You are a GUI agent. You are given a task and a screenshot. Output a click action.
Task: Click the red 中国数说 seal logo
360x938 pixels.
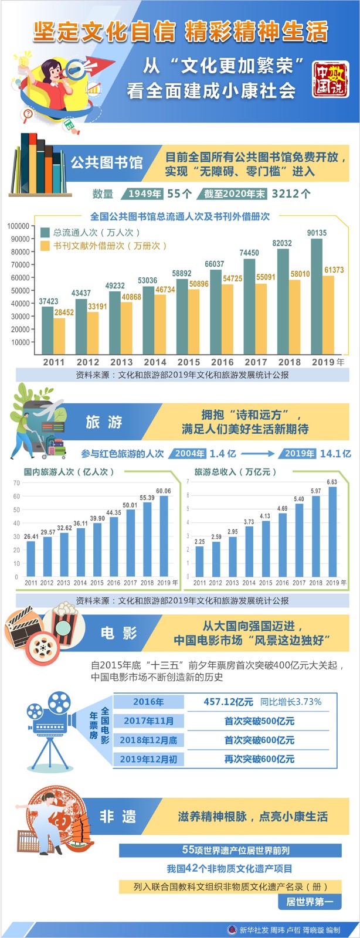(331, 79)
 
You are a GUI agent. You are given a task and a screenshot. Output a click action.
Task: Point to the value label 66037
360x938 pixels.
(215, 264)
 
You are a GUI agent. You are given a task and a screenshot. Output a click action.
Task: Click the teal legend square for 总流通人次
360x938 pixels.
(45, 232)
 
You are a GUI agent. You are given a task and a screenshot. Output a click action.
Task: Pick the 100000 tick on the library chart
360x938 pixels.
(18, 226)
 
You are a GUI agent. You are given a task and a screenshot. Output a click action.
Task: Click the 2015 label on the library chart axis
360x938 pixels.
(188, 362)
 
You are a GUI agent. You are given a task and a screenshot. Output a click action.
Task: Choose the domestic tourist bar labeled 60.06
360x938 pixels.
(164, 536)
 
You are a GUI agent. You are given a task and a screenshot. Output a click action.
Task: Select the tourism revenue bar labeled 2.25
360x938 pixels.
(199, 562)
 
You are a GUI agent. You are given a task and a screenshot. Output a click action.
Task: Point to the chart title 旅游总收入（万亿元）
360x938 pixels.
(235, 472)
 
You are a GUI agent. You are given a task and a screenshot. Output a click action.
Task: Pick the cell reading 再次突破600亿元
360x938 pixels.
(259, 759)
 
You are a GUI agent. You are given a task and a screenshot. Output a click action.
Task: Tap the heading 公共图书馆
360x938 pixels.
(107, 162)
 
